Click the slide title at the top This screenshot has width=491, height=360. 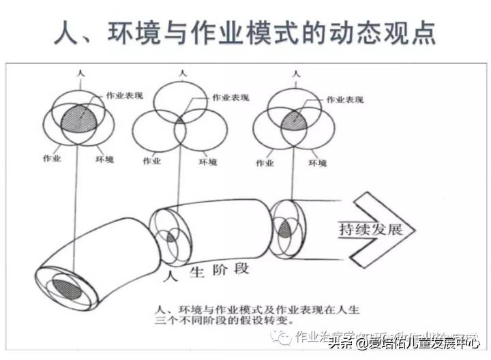[245, 32]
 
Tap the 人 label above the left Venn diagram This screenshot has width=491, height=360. [80, 71]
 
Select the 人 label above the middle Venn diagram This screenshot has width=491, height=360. [181, 71]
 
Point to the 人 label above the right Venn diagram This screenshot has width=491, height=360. [295, 71]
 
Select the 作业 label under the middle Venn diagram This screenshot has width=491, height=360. [151, 162]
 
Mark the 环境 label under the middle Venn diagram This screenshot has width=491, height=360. [208, 162]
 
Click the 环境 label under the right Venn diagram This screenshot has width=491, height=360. [317, 163]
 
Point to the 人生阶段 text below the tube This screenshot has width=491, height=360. [207, 270]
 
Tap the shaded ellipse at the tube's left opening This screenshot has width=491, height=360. [65, 286]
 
